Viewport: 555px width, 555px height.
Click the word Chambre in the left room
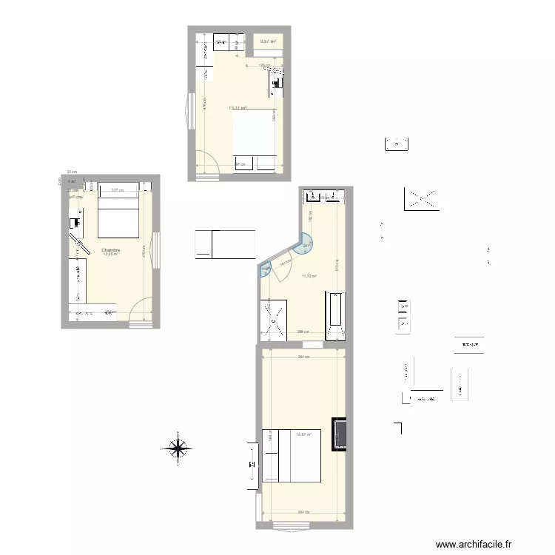pyautogui.click(x=111, y=250)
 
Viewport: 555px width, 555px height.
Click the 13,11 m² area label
pyautogui.click(x=238, y=108)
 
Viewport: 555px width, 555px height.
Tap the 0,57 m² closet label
pyautogui.click(x=268, y=41)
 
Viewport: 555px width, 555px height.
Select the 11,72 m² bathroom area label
pyautogui.click(x=309, y=277)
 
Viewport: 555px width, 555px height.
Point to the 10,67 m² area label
pyautogui.click(x=303, y=435)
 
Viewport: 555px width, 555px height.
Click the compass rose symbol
pyautogui.click(x=178, y=447)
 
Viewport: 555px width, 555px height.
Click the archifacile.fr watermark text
pyautogui.click(x=473, y=545)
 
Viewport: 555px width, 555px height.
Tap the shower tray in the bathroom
pyautogui.click(x=273, y=320)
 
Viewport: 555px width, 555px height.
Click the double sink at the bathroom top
pyautogui.click(x=323, y=196)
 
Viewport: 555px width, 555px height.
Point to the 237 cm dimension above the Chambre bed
pyautogui.click(x=117, y=191)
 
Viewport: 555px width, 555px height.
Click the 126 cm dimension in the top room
pyautogui.click(x=263, y=65)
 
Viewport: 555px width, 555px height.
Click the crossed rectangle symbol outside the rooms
pyautogui.click(x=421, y=198)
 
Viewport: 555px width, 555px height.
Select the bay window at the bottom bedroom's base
pyautogui.click(x=292, y=527)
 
